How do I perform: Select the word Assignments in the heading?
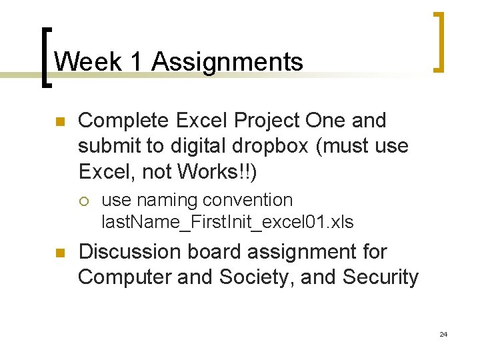[227, 62]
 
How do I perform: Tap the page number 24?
[443, 334]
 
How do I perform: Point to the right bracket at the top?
[439, 41]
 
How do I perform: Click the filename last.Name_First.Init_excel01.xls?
[227, 222]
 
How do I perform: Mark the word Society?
[253, 277]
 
